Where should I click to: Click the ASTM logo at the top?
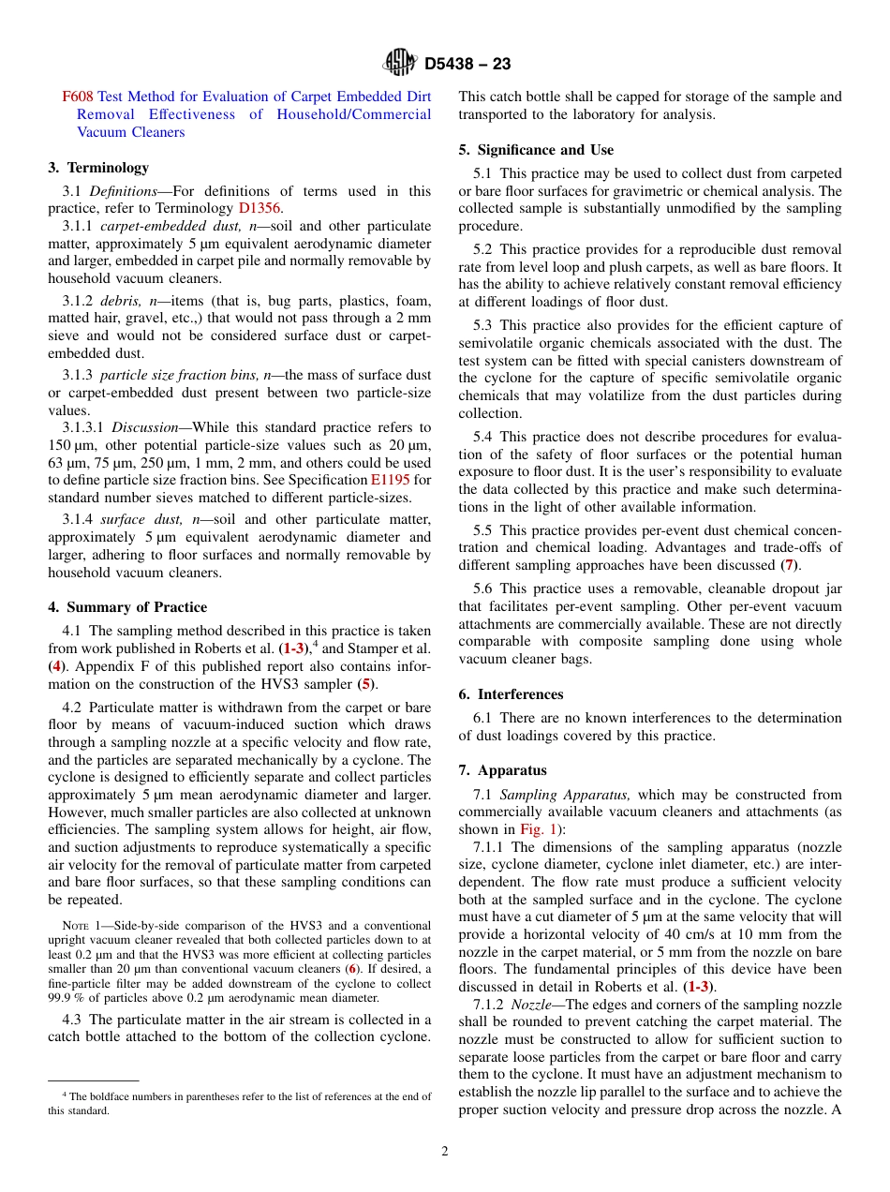400,64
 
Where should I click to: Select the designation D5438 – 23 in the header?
467,65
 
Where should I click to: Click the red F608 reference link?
77,97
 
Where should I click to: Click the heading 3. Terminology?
98,168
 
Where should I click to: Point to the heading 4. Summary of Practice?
127,607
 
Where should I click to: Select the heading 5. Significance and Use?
536,150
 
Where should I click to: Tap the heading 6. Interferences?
511,694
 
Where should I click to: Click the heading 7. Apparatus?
502,770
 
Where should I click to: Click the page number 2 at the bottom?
445,1152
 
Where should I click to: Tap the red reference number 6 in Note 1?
352,968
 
